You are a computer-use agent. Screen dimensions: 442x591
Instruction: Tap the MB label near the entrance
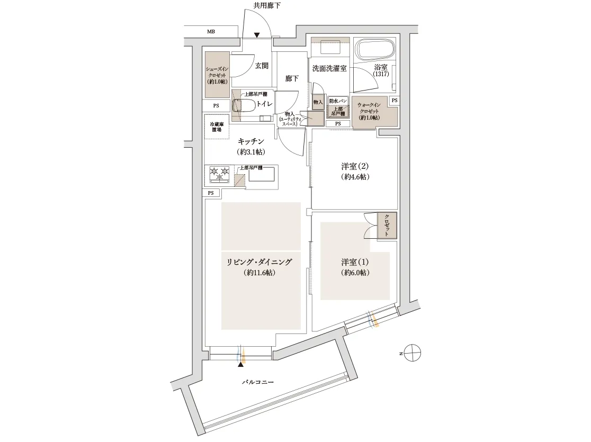pos(211,32)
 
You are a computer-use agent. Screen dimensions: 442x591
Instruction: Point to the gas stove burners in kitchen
pos(219,172)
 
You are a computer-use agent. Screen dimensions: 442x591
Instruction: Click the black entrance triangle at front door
pos(257,35)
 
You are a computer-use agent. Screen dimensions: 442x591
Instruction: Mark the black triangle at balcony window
pos(241,364)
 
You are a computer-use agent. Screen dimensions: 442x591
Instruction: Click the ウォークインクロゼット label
pos(369,111)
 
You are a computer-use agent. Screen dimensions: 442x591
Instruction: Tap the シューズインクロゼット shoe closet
pos(217,75)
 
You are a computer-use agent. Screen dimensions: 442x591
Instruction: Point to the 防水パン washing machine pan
pos(337,101)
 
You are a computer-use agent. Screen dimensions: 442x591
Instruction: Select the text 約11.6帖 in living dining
pos(259,273)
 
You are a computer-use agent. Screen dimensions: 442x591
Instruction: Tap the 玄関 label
pos(262,66)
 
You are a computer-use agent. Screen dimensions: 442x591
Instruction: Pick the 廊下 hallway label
pos(292,78)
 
